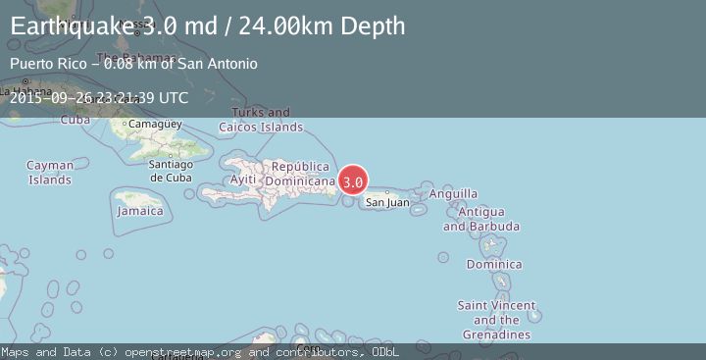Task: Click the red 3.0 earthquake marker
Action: [353, 181]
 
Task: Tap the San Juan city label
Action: [387, 203]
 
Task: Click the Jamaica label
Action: [139, 211]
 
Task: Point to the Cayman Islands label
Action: [49, 173]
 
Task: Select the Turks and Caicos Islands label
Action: [261, 120]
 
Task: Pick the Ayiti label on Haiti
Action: [243, 180]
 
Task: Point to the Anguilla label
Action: [454, 193]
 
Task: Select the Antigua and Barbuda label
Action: [480, 219]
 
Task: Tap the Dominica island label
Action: [493, 265]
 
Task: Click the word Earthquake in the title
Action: [69, 26]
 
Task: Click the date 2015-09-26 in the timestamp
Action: [49, 98]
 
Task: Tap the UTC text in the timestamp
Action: [173, 98]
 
